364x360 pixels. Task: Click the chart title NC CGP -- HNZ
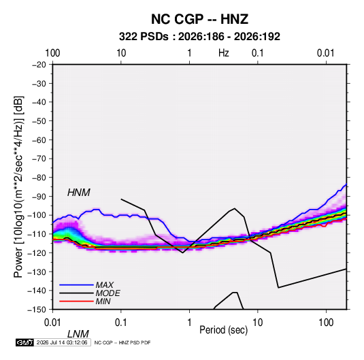tap(199, 19)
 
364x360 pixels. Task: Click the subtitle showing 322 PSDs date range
tap(199, 37)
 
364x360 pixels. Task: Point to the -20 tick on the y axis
tap(39, 65)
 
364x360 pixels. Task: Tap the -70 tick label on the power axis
tap(39, 159)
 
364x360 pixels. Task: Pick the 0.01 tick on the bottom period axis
tap(52, 323)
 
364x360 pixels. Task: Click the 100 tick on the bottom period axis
tap(326, 323)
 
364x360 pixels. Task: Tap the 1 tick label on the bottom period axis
tap(189, 323)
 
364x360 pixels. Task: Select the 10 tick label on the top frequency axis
tap(121, 53)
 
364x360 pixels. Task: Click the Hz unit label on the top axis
tap(224, 53)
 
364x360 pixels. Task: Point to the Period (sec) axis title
tap(224, 330)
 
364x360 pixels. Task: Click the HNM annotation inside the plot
tap(79, 193)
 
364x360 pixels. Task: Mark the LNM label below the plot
tap(78, 334)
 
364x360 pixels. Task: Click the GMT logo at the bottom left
tap(24, 342)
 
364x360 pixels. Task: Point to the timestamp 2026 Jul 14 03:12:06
tap(62, 342)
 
